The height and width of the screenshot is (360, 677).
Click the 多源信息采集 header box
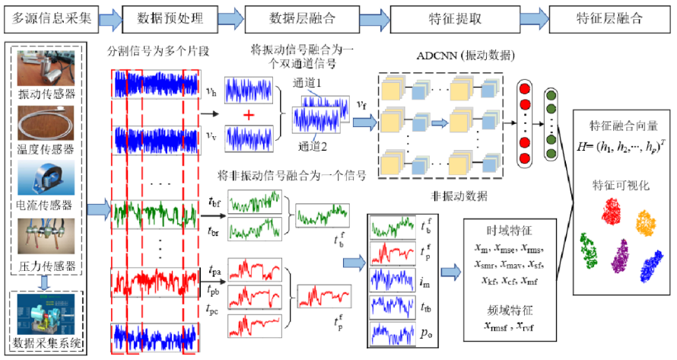[50, 17]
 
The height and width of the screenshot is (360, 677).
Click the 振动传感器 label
[50, 94]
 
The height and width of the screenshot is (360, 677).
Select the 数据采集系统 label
[50, 339]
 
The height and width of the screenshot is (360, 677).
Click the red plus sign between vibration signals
[247, 113]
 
